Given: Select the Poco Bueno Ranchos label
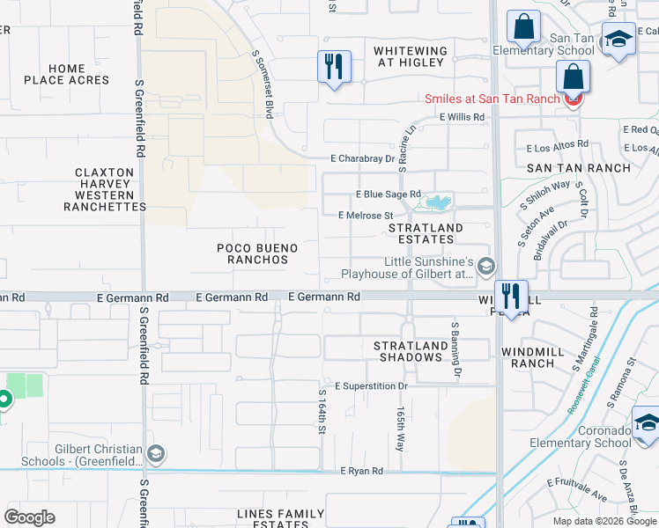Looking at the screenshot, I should [x=253, y=254].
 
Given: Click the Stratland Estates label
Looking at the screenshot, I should [x=426, y=233].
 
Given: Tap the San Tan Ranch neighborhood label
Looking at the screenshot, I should [x=579, y=168].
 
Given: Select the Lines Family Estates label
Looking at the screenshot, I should [x=281, y=519].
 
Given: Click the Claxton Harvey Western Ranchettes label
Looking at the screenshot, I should [x=105, y=189].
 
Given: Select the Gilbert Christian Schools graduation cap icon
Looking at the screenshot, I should [x=156, y=454].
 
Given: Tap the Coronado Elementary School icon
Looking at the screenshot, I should [x=647, y=423].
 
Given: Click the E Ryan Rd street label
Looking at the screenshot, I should [x=362, y=472].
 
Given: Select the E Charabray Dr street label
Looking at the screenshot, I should [x=362, y=158].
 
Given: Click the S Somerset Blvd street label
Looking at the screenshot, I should [x=262, y=84].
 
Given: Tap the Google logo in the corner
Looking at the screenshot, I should [x=29, y=517].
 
